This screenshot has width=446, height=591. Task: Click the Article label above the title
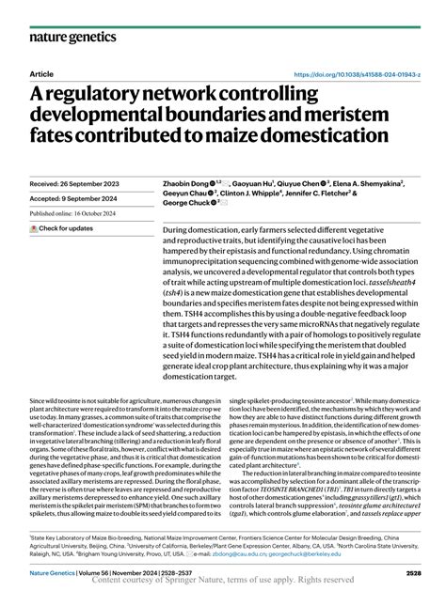click(x=42, y=73)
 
